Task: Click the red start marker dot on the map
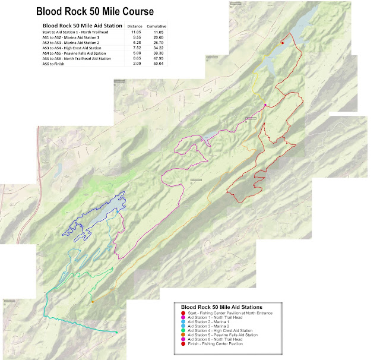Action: [282, 42]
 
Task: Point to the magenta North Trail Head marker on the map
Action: [265, 105]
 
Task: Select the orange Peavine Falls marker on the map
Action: [93, 302]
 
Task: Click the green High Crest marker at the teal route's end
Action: [116, 332]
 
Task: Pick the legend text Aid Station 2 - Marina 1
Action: [211, 321]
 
